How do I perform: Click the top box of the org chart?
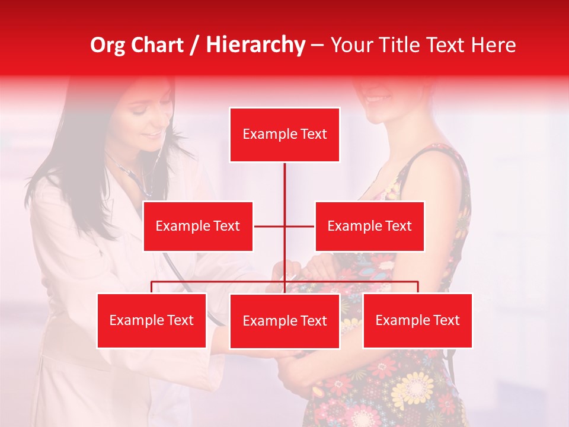click(284, 135)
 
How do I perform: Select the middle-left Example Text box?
click(198, 226)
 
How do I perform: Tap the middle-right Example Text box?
click(369, 226)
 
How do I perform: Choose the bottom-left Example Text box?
click(151, 320)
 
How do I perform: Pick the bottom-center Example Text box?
click(284, 321)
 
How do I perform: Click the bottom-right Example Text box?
click(417, 320)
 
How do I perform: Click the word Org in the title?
click(108, 45)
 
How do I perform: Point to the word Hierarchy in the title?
click(255, 45)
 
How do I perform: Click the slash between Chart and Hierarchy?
click(195, 46)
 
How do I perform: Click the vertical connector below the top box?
click(284, 184)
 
